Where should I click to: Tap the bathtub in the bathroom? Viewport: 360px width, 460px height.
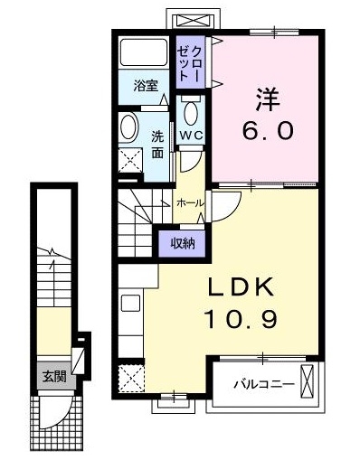[x=144, y=56]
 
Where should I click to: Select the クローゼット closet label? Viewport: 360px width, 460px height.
[x=190, y=61]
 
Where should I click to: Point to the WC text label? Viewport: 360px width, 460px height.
[x=191, y=136]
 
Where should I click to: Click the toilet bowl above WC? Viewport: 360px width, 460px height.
[x=191, y=113]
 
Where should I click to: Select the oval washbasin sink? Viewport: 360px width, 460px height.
[x=128, y=126]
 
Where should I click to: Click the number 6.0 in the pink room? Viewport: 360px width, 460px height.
[x=266, y=131]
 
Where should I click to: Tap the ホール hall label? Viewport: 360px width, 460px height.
[x=188, y=203]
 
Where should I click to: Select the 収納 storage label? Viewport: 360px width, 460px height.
[x=183, y=242]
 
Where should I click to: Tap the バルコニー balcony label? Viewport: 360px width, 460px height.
[x=263, y=384]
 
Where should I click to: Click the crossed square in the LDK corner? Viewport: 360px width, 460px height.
[x=132, y=376]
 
